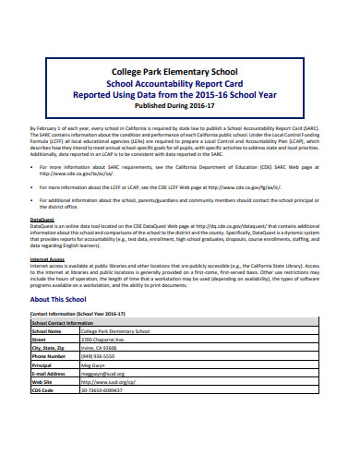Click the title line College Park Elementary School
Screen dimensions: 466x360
180,71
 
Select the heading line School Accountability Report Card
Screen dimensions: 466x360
180,82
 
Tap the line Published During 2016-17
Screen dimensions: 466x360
180,104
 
